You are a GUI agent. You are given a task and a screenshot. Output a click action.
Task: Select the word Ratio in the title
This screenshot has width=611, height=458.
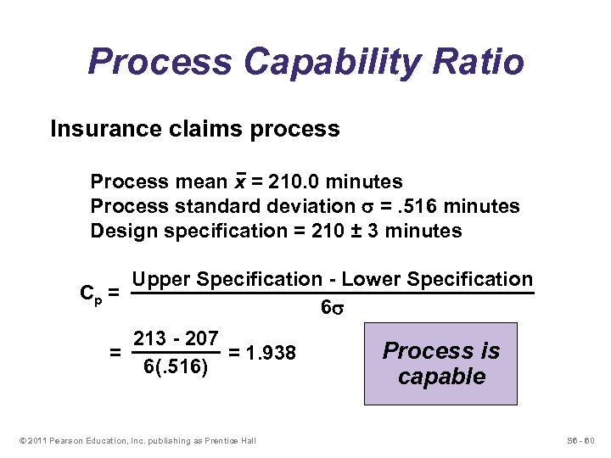pos(479,62)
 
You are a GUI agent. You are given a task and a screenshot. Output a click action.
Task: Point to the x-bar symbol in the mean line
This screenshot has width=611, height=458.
pos(240,182)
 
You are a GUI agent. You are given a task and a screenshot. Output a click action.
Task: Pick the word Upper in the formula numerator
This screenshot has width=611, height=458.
pos(160,280)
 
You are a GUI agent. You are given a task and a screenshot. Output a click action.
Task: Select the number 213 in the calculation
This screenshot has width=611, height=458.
pos(149,338)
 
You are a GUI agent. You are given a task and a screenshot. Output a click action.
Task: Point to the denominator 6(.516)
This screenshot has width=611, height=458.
pos(175,366)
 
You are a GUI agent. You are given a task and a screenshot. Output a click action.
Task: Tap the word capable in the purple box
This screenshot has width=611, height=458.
pos(441,376)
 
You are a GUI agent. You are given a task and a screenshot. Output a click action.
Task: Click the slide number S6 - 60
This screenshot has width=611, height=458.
pos(580,439)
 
